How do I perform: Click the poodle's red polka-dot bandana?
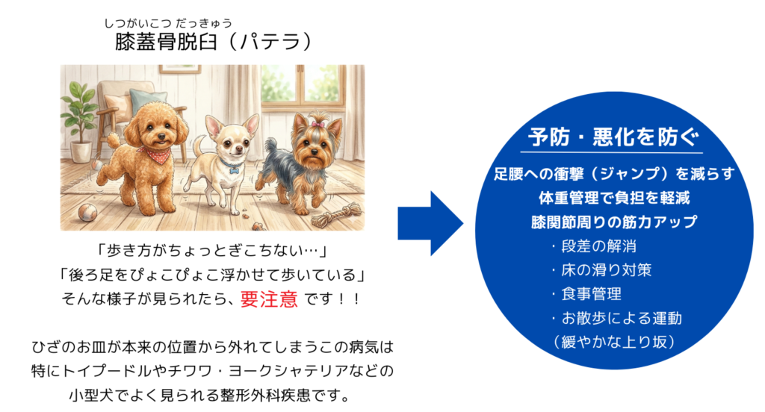[x=155, y=155]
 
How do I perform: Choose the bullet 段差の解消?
[x=598, y=246]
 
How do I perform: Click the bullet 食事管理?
[x=590, y=294]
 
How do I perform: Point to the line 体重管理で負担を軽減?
[x=613, y=198]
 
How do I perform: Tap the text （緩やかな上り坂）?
[x=613, y=341]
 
